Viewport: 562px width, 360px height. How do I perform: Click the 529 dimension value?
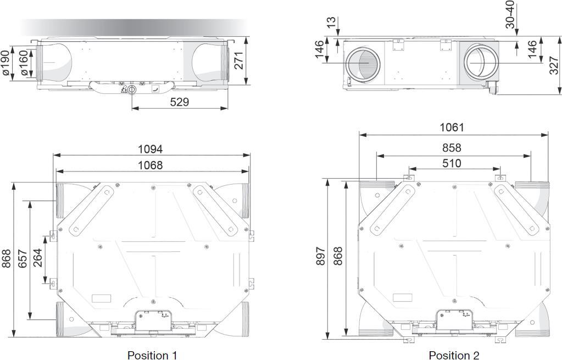tap(179, 102)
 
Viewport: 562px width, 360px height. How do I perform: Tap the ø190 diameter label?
tap(6, 63)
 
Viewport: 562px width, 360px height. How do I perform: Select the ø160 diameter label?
tap(24, 63)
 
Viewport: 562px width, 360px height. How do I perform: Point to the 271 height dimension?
tap(239, 60)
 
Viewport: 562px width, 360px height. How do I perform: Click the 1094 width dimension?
tap(151, 149)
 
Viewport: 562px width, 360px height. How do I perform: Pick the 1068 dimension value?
tap(151, 165)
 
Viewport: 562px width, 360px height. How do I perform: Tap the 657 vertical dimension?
tap(22, 258)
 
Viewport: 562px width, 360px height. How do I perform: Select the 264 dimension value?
tap(37, 258)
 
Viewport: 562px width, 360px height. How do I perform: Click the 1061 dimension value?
tap(452, 128)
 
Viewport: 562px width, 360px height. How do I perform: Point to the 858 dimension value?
tap(452, 148)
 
